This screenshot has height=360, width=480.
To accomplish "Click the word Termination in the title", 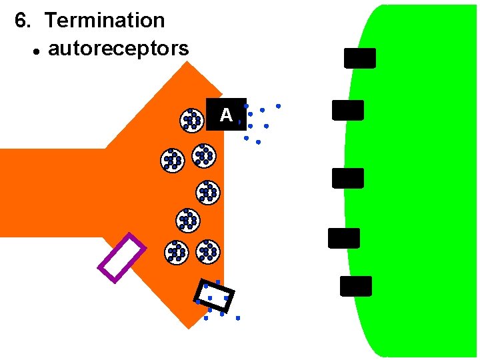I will point(105,20).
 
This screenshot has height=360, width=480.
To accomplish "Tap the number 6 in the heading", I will point(22,21).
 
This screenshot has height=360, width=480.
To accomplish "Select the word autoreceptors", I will point(118,49).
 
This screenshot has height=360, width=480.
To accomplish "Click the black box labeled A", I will point(226,114).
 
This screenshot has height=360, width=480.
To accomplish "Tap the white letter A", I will point(226,115).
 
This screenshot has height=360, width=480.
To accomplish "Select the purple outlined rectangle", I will point(121,258).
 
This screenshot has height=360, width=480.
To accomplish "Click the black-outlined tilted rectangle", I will point(214,295).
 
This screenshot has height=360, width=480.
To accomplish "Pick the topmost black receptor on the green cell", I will point(360,58).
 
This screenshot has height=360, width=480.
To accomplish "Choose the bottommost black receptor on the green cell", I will point(356,286).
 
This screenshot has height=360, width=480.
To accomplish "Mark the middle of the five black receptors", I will point(348,178).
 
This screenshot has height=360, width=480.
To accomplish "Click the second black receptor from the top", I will point(348,110).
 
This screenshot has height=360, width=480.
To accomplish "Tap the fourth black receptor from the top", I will point(344,238).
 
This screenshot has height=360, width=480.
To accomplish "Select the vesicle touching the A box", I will point(192,119).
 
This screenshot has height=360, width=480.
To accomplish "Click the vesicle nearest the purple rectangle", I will point(176,252).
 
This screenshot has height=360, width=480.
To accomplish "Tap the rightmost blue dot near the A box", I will point(278,106).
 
